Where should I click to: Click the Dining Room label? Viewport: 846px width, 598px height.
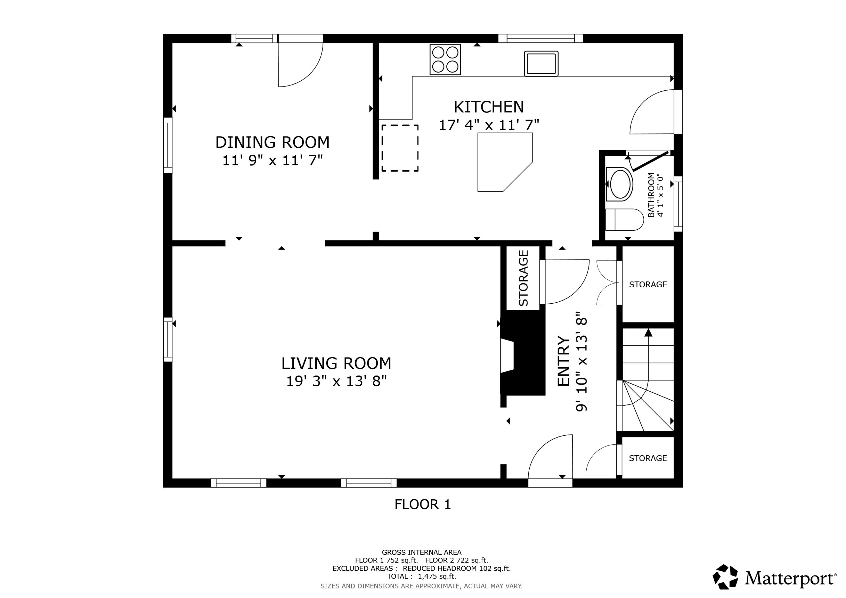click(x=272, y=142)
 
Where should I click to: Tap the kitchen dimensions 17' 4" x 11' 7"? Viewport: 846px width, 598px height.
click(x=489, y=125)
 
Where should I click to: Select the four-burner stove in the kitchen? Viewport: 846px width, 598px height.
click(x=445, y=59)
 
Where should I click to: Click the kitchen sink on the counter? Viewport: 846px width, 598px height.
click(x=541, y=64)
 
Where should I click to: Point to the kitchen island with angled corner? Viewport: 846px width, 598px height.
click(x=501, y=162)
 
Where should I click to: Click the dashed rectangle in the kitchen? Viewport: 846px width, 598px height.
click(x=400, y=148)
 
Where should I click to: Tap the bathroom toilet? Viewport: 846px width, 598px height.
click(x=624, y=220)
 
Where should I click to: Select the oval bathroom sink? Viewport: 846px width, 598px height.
click(x=620, y=184)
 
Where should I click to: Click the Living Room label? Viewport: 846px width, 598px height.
click(x=336, y=363)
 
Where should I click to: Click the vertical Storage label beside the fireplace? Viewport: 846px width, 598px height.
click(x=523, y=278)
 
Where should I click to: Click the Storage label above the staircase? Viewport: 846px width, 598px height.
click(x=648, y=284)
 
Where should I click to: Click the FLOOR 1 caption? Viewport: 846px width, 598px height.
click(x=423, y=504)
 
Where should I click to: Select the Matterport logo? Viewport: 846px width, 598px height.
click(x=774, y=578)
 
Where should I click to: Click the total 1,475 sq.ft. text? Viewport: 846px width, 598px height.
click(x=422, y=577)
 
